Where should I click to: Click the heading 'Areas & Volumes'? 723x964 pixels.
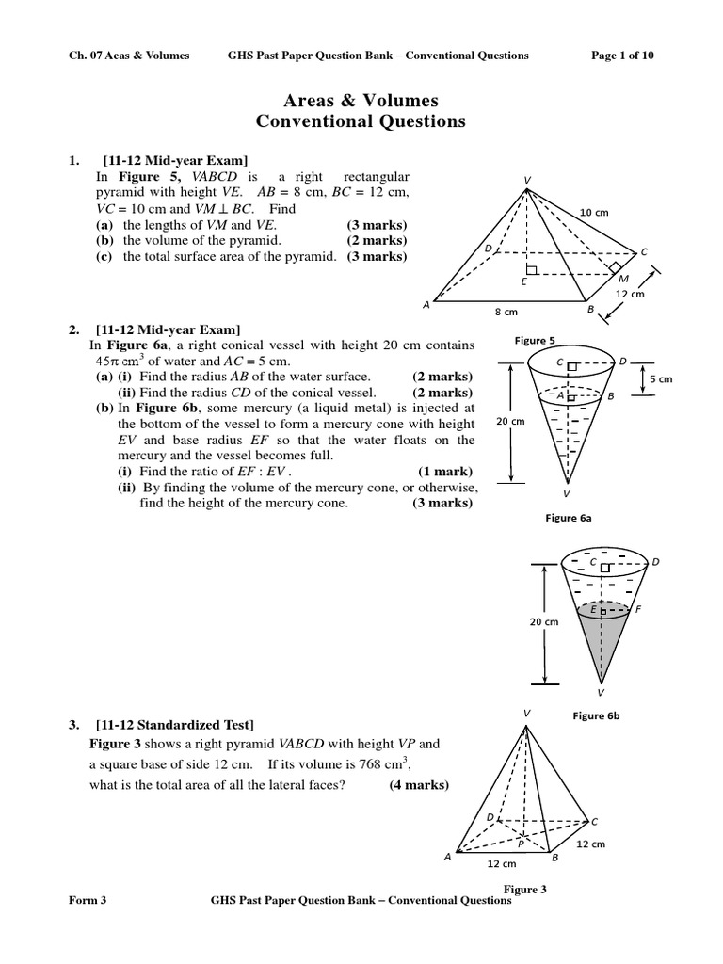coord(361,101)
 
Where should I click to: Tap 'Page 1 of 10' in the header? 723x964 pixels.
coord(622,56)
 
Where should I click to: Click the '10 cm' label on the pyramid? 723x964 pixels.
coord(594,213)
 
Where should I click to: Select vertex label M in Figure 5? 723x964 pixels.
coord(622,279)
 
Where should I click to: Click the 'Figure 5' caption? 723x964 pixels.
coord(534,340)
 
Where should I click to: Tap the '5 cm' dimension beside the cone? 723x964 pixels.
coord(661,378)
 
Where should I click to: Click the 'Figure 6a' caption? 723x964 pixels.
coord(568,517)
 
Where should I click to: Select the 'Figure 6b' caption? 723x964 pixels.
coord(595,716)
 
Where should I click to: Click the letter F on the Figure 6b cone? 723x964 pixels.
coord(638,609)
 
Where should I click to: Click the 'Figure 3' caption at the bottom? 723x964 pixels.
coord(526,889)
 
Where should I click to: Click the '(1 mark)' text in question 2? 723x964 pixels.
coord(445,471)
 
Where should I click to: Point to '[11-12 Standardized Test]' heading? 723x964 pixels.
coord(174,725)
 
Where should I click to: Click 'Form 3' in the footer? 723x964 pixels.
coord(88,900)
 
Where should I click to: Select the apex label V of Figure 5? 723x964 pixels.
coord(526,180)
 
